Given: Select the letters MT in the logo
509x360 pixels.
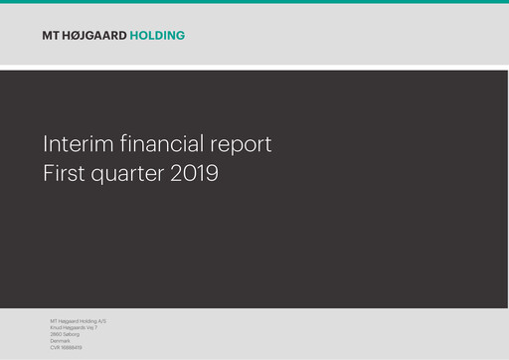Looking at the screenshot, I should (x=51, y=36).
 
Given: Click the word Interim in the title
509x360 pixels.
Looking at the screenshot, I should (x=72, y=144).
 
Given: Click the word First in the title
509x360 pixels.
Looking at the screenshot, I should (x=65, y=173).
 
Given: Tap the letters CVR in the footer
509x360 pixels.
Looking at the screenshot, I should (x=55, y=347).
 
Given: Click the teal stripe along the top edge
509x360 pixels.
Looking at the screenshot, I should (x=254, y=1).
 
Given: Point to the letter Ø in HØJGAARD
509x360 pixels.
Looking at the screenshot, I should (x=77, y=36).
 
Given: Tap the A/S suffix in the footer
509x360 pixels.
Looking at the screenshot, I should (x=101, y=321).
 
